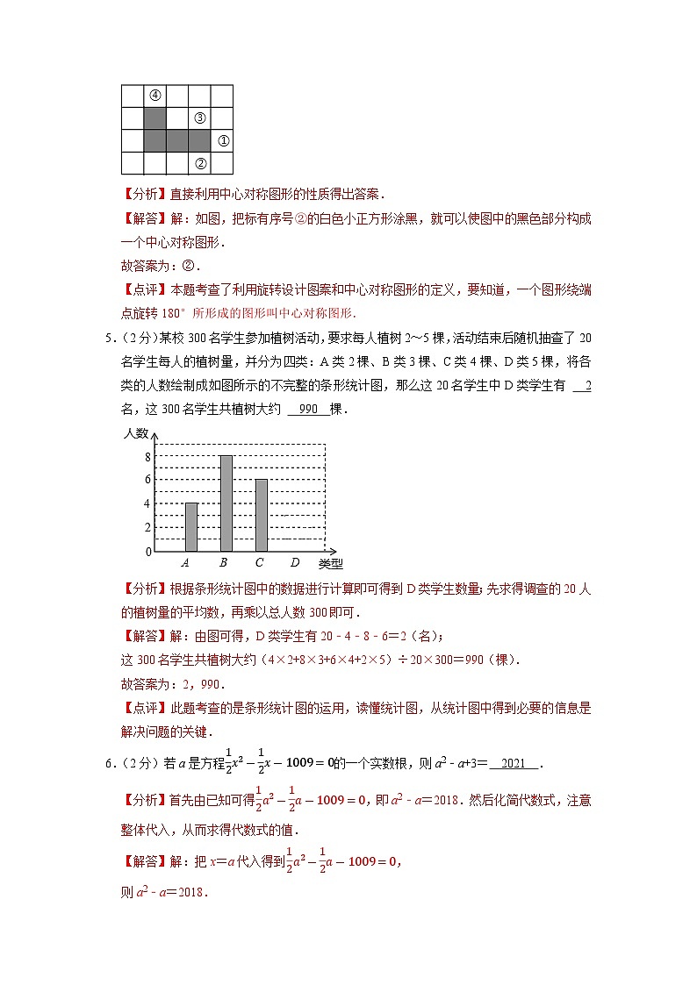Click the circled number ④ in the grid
154,95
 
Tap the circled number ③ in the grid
200,118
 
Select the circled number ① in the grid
223,140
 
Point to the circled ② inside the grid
200,163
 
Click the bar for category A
191,526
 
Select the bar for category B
226,503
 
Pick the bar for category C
261,515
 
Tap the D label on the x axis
295,562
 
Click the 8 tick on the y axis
147,456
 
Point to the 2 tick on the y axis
147,527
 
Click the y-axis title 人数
136,433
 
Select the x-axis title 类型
331,564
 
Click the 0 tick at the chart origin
147,552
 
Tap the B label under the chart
224,562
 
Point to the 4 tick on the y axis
147,503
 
